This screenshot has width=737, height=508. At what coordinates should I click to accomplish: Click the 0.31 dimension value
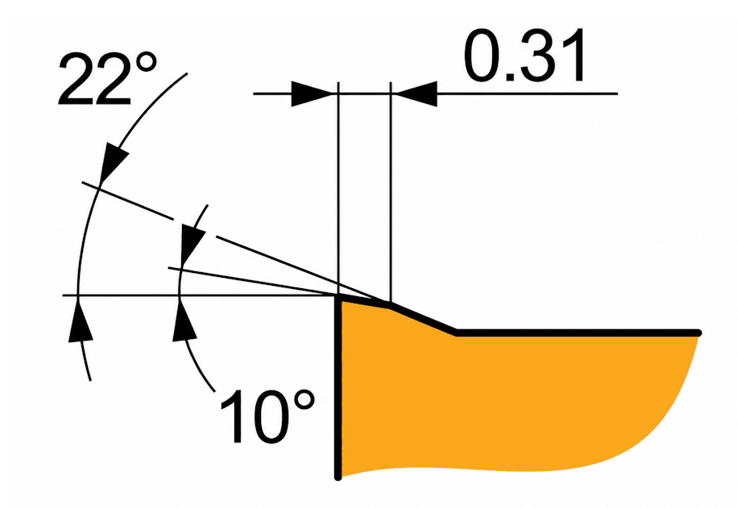(525, 55)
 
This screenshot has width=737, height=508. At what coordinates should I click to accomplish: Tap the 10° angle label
(267, 416)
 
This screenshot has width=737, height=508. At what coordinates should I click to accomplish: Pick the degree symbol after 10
(301, 401)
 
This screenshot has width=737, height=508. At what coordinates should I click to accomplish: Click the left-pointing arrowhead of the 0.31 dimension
(415, 94)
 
